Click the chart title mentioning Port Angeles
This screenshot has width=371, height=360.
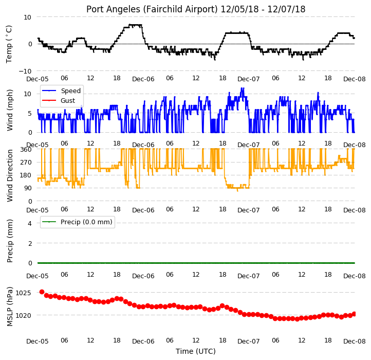click(x=196, y=9)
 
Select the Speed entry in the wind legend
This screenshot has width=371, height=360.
click(x=71, y=91)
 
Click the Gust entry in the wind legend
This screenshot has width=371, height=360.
click(x=68, y=101)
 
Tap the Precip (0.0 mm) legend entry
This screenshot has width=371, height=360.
click(x=86, y=222)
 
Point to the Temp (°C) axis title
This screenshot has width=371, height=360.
click(x=9, y=44)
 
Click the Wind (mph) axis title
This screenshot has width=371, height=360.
click(x=9, y=110)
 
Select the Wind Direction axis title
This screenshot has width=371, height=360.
click(x=9, y=175)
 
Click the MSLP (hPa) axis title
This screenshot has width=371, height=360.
click(x=9, y=307)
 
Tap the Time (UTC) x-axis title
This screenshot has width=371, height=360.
click(x=196, y=351)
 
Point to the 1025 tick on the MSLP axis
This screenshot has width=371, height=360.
click(x=23, y=293)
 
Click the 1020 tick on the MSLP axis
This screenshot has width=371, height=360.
click(x=23, y=315)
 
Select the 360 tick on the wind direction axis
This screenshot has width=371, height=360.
click(x=26, y=150)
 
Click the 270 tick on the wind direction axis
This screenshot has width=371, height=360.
click(x=26, y=163)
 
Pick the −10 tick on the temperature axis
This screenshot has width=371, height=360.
click(x=25, y=71)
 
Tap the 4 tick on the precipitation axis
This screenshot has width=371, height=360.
click(x=30, y=223)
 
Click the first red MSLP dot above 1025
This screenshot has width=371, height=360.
click(x=42, y=292)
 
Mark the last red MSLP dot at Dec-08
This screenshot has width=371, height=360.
click(x=354, y=314)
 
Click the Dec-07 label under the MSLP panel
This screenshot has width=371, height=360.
click(x=248, y=341)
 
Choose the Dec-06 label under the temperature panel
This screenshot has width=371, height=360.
click(x=143, y=79)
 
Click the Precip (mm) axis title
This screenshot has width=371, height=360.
click(x=9, y=241)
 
